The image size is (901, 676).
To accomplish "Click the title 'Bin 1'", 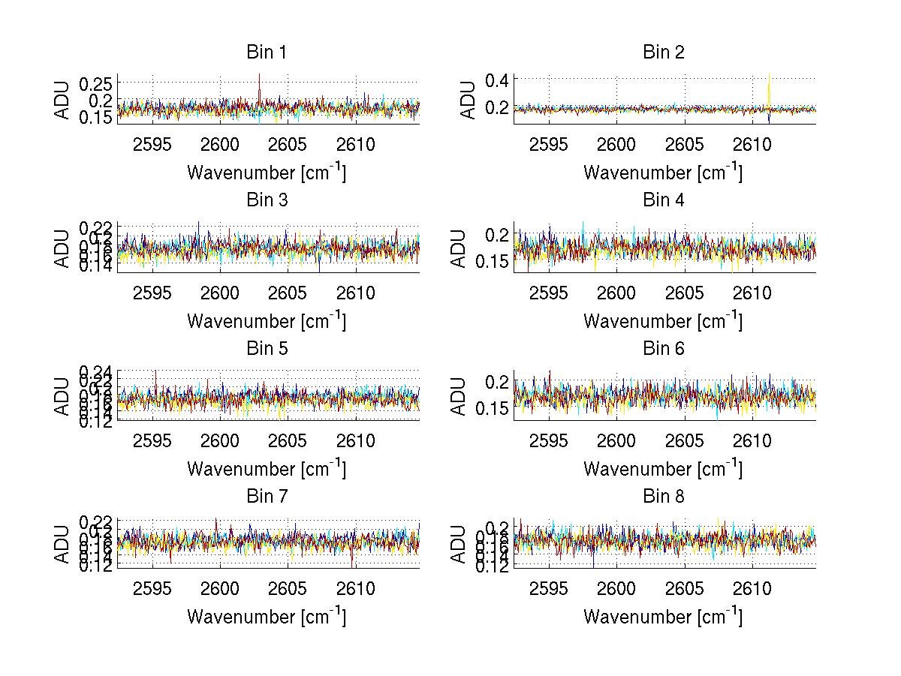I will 266,53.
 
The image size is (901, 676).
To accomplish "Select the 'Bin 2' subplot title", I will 663,53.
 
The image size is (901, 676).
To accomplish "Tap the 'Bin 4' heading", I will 663,200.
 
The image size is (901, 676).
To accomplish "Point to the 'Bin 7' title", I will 266,497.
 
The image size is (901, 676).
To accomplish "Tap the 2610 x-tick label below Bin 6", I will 752,440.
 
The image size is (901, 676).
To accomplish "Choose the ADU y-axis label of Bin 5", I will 63,395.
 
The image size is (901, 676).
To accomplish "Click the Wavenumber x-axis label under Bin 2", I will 663,172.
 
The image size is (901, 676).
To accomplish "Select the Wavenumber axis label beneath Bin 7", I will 266,616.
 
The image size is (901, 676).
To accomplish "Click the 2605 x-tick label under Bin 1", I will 288,145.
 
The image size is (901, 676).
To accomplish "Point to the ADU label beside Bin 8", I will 460,543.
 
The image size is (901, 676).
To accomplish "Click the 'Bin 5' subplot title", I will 266,349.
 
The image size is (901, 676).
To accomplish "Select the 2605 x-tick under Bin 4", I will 684,293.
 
